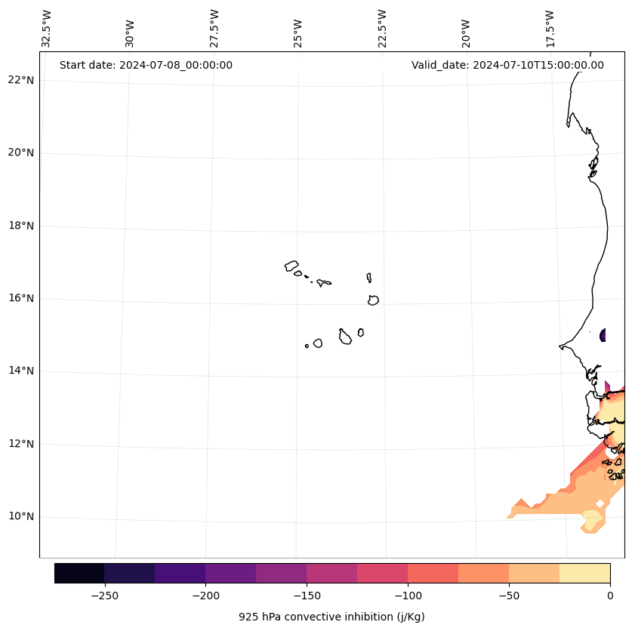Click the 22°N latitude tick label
click(20, 80)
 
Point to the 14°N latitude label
click(20, 371)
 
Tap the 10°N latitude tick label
click(20, 516)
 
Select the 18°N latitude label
click(20, 226)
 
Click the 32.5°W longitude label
click(47, 29)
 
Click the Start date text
click(146, 65)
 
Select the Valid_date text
click(507, 65)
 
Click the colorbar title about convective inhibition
click(331, 617)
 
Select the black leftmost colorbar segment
click(79, 573)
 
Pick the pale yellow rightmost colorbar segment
click(584, 573)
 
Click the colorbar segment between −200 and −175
click(230, 573)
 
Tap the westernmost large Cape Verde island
click(291, 265)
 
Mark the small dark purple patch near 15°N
click(603, 335)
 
